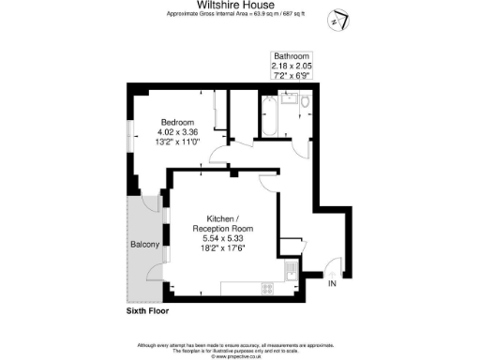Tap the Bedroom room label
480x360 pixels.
176,123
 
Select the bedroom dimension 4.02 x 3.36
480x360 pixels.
176,132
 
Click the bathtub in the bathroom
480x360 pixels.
268,116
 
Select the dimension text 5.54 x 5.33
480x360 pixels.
221,239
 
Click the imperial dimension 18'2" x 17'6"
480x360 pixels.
221,249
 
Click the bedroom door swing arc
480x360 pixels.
217,154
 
